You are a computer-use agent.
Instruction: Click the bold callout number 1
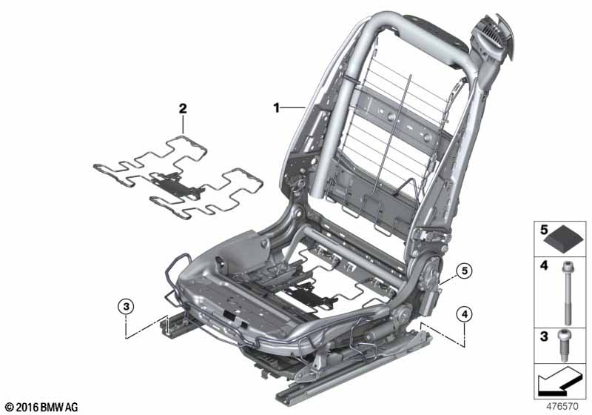[277, 108]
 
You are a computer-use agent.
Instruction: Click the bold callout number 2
[183, 109]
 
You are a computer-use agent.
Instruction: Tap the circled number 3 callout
[126, 306]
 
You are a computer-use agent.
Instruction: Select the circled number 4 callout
[465, 314]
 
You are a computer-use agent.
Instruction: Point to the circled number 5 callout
[465, 270]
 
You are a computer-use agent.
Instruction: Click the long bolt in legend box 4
[568, 293]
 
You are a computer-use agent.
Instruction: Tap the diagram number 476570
[562, 406]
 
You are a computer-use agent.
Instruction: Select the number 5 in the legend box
[544, 230]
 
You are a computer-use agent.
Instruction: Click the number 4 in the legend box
[544, 265]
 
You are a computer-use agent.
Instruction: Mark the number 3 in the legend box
[544, 336]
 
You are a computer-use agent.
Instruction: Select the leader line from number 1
[293, 108]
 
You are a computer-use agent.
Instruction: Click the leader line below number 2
[183, 124]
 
